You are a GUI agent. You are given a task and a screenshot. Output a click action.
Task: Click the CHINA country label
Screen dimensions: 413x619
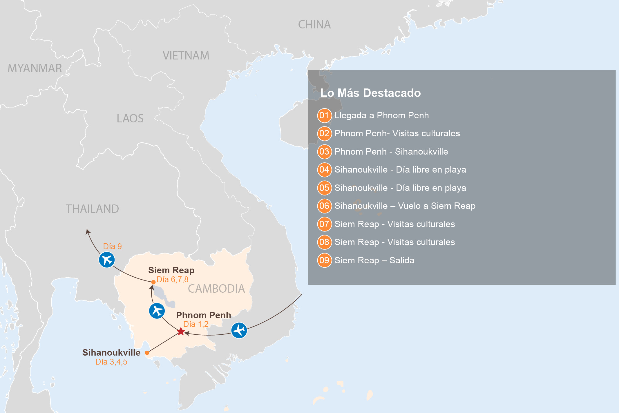pyautogui.click(x=314, y=25)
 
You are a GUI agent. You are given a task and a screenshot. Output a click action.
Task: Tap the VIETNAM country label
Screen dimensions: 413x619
pyautogui.click(x=186, y=56)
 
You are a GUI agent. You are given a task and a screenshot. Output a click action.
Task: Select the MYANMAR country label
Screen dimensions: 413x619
pyautogui.click(x=35, y=68)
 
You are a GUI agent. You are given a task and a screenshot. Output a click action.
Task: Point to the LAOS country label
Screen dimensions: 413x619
pyautogui.click(x=130, y=119)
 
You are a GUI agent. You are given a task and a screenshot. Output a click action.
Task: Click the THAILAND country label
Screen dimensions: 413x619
pyautogui.click(x=92, y=209)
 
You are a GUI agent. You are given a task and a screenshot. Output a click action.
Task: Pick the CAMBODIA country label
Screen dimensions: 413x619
pyautogui.click(x=216, y=289)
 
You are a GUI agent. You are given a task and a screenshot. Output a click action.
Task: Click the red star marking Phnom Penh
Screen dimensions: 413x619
pyautogui.click(x=181, y=331)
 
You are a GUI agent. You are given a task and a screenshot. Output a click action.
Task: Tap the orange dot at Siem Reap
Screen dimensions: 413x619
pyautogui.click(x=153, y=282)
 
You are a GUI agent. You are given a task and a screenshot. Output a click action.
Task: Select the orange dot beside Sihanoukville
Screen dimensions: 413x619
pyautogui.click(x=147, y=353)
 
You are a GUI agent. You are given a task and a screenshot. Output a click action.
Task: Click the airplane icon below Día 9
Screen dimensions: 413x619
pyautogui.click(x=107, y=260)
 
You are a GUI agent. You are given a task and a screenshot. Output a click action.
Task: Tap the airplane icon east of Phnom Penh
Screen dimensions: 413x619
pyautogui.click(x=239, y=330)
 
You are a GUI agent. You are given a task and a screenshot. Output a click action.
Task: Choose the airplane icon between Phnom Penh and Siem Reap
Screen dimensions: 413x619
pyautogui.click(x=157, y=311)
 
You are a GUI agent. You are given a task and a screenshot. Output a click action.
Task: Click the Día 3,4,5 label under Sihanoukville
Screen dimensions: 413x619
pyautogui.click(x=111, y=362)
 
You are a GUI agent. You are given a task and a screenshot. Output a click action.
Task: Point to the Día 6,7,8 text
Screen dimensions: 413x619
pyautogui.click(x=173, y=280)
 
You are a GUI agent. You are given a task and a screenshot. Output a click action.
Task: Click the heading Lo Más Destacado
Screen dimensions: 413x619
pyautogui.click(x=370, y=93)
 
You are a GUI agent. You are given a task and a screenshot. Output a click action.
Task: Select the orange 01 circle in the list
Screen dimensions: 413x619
pyautogui.click(x=324, y=115)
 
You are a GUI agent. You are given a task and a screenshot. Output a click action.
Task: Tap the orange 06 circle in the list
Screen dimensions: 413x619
pyautogui.click(x=324, y=206)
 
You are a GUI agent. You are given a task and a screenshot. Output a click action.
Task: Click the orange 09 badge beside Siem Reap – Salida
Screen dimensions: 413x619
pyautogui.click(x=324, y=260)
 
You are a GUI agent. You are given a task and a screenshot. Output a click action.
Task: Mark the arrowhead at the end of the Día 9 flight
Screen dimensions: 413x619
pyautogui.click(x=88, y=231)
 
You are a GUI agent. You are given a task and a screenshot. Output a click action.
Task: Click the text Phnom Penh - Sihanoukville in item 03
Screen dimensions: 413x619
pyautogui.click(x=391, y=152)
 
